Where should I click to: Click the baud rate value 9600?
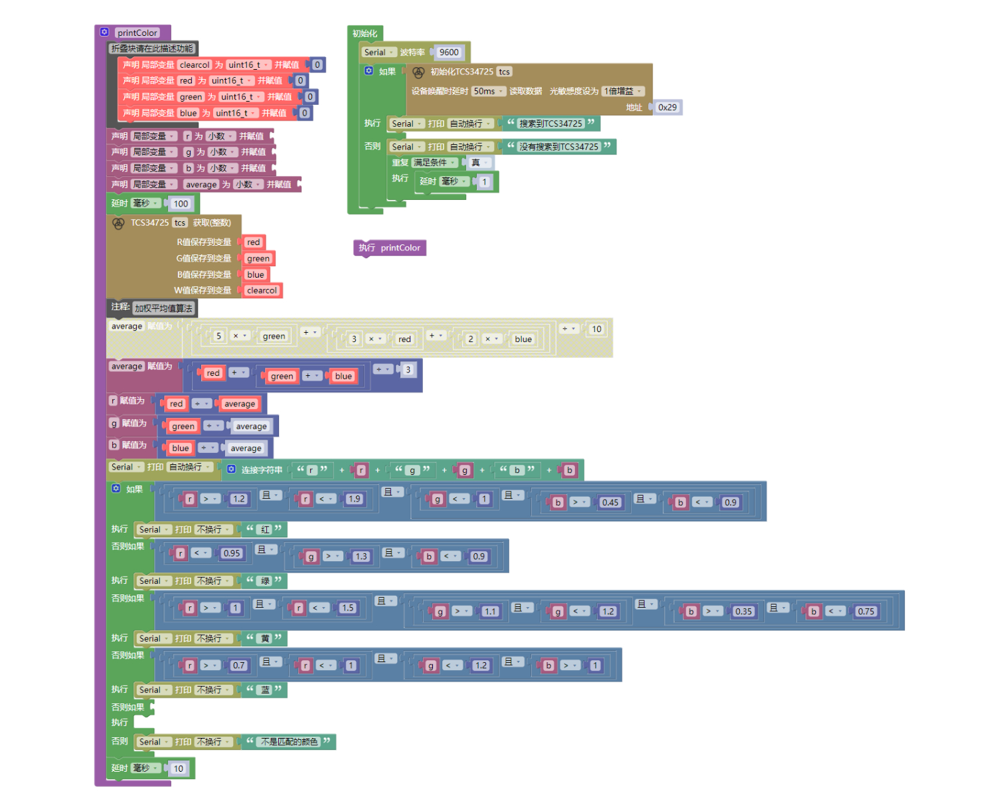pos(449,52)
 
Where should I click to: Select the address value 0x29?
pos(667,107)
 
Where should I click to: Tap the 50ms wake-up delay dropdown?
pos(488,91)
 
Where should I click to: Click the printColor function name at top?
pos(137,33)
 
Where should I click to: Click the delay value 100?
pos(181,204)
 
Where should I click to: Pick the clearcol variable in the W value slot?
pos(262,290)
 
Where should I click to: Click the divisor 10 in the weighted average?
pos(596,329)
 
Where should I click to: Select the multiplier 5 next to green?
pos(218,336)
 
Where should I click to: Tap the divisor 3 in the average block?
pos(408,369)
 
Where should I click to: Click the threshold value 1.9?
pos(354,499)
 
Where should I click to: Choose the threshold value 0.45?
pos(610,503)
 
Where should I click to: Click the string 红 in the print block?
pos(266,529)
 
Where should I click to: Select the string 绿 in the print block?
pos(266,580)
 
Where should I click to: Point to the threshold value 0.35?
pos(744,612)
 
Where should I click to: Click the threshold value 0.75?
pos(866,612)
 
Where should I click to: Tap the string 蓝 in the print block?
pos(266,689)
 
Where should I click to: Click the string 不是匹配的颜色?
pos(290,741)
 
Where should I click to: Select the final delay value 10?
pos(178,768)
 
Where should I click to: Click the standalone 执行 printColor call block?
pos(390,248)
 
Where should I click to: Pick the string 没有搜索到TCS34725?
pos(558,147)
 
